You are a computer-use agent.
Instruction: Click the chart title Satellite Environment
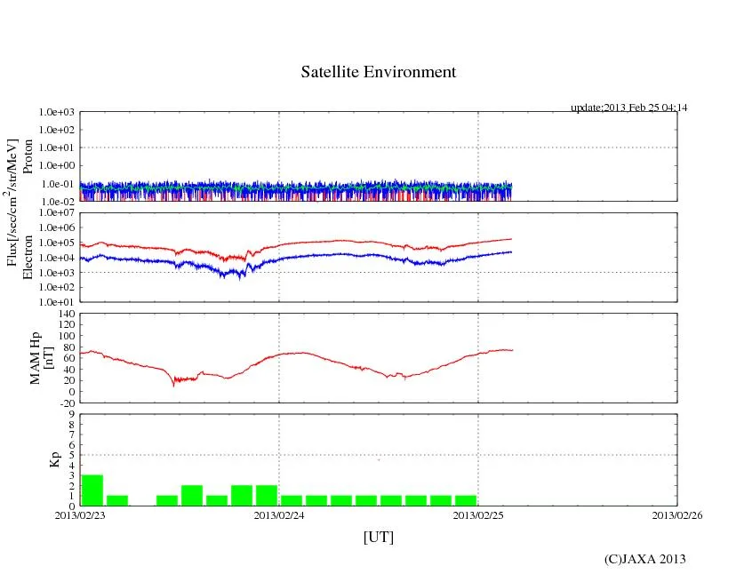(379, 72)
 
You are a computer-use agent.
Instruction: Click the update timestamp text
(628, 108)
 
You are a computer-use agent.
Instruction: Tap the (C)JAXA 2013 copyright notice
(644, 558)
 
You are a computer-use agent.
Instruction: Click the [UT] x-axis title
(378, 537)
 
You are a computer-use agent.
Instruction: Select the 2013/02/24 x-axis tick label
(279, 515)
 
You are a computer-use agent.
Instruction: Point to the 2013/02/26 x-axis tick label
(677, 515)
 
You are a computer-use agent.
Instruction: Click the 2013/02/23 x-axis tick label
(80, 515)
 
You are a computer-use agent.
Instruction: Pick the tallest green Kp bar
(92, 490)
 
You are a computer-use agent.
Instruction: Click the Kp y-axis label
(52, 459)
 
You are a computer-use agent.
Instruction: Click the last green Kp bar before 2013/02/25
(466, 500)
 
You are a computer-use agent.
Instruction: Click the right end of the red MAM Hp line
(512, 350)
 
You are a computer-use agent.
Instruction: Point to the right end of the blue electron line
(511, 251)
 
